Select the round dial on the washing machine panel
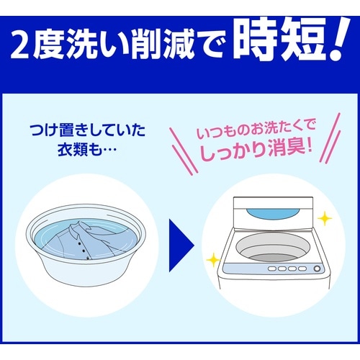pyautogui.click(x=316, y=269)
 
